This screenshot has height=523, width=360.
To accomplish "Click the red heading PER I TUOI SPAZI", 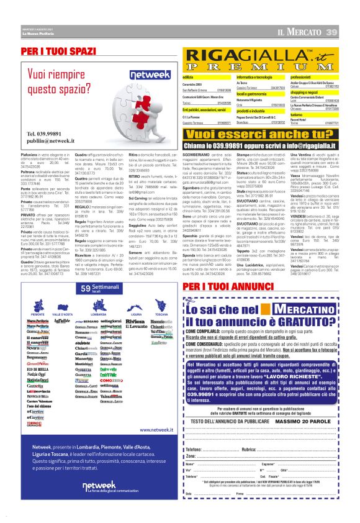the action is pyautogui.click(x=60, y=50).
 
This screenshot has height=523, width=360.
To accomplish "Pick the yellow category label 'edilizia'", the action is pyautogui.click(x=188, y=77).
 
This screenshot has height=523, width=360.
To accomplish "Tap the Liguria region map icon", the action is pyautogui.click(x=128, y=303).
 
